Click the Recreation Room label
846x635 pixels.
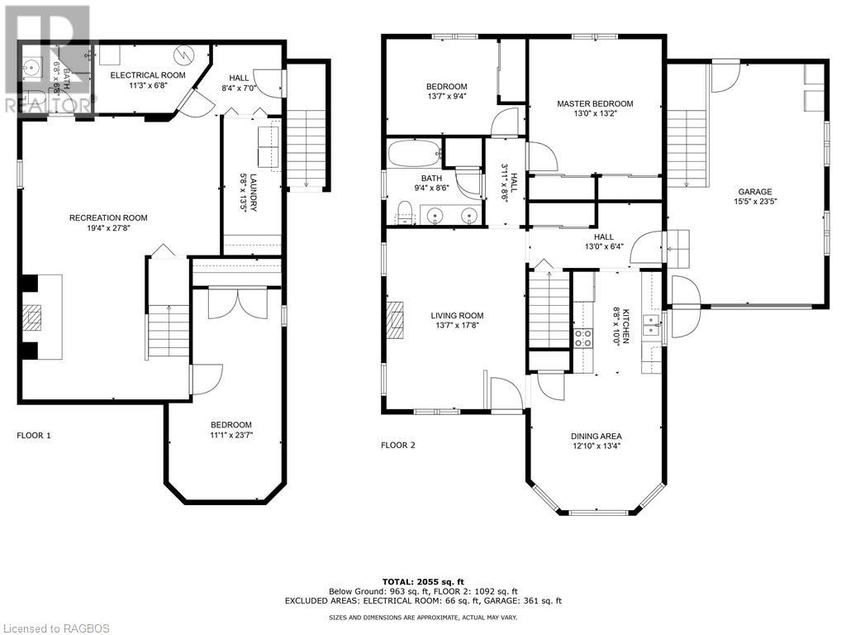point(108,218)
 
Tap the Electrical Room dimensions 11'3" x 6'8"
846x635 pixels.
point(149,85)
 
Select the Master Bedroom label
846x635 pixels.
point(595,103)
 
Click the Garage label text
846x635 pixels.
point(754,191)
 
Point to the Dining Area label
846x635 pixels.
point(596,437)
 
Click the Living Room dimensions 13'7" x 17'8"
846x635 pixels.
point(457,326)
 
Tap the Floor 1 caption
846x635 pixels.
point(34,435)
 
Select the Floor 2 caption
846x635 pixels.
point(397,445)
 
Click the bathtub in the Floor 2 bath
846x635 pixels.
point(413,154)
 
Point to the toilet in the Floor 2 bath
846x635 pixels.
point(403,214)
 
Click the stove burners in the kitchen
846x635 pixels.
point(582,337)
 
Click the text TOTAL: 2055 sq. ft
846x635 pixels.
point(422,581)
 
